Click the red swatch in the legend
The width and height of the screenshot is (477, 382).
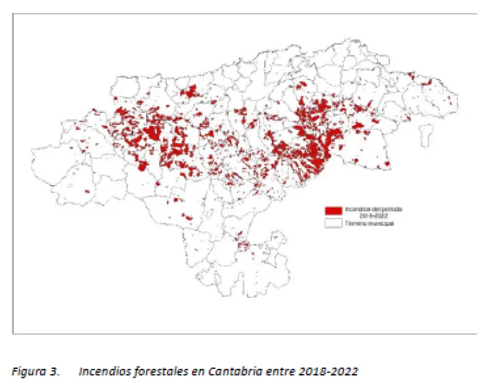pos(333,211)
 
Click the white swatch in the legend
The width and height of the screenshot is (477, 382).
pos(333,223)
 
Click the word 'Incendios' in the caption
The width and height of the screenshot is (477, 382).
pos(101,371)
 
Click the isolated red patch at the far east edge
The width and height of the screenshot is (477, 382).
pos(387,164)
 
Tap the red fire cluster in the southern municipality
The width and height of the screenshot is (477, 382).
pos(243,245)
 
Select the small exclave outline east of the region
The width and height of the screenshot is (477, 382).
pos(426,134)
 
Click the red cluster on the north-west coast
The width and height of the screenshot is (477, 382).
pos(191,92)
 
